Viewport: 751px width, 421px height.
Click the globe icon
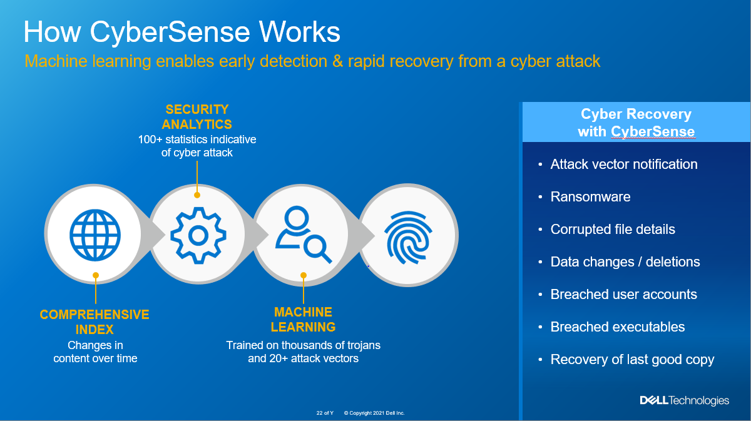95,235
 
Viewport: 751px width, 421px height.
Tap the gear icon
198,235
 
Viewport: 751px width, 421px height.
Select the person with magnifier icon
303,235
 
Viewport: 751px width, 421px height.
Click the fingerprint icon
408,235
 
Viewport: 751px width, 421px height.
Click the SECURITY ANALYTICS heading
197,117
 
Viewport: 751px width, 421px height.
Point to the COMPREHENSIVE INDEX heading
95,322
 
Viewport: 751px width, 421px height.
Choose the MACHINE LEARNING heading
304,319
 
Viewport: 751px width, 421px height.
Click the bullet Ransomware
590,196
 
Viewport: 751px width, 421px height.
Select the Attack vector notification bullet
623,164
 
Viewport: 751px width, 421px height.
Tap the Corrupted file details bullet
612,229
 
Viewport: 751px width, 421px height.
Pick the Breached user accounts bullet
623,294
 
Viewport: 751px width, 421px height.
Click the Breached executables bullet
617,327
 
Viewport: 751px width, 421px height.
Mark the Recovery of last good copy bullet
632,359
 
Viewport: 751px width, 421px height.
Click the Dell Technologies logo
684,400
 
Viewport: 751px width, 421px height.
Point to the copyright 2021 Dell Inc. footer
374,413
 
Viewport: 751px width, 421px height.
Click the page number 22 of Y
325,413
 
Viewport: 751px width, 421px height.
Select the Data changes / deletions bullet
625,261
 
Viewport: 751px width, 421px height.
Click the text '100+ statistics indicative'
197,139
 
